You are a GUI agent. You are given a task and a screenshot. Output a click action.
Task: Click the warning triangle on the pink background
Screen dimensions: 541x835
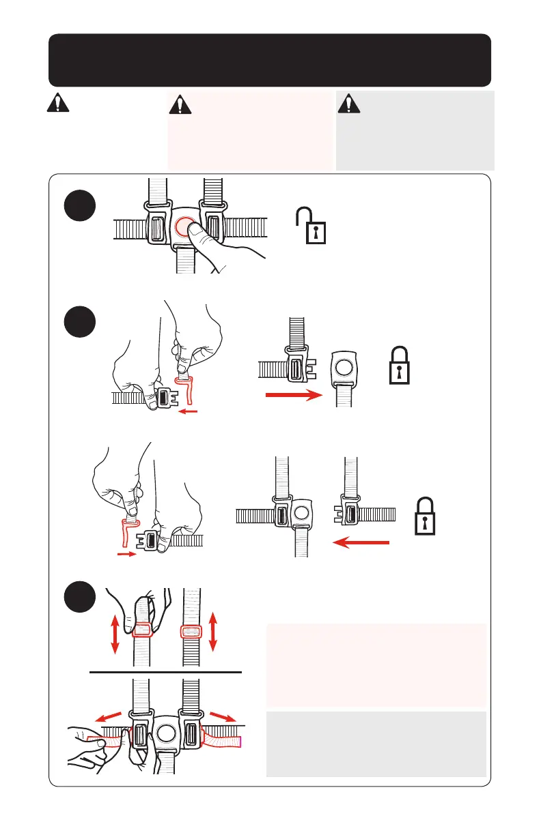pyautogui.click(x=180, y=104)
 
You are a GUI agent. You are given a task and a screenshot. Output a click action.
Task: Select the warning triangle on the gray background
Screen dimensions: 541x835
pyautogui.click(x=348, y=103)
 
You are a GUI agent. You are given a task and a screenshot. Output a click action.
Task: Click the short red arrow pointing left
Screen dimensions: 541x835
pyautogui.click(x=188, y=411)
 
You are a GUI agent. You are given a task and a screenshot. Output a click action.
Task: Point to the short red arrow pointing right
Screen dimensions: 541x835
pyautogui.click(x=127, y=555)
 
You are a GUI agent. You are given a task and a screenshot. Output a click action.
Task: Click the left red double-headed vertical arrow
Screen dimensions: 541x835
pyautogui.click(x=115, y=632)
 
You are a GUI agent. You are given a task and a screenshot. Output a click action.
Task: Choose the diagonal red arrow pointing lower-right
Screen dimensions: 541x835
pyautogui.click(x=225, y=718)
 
